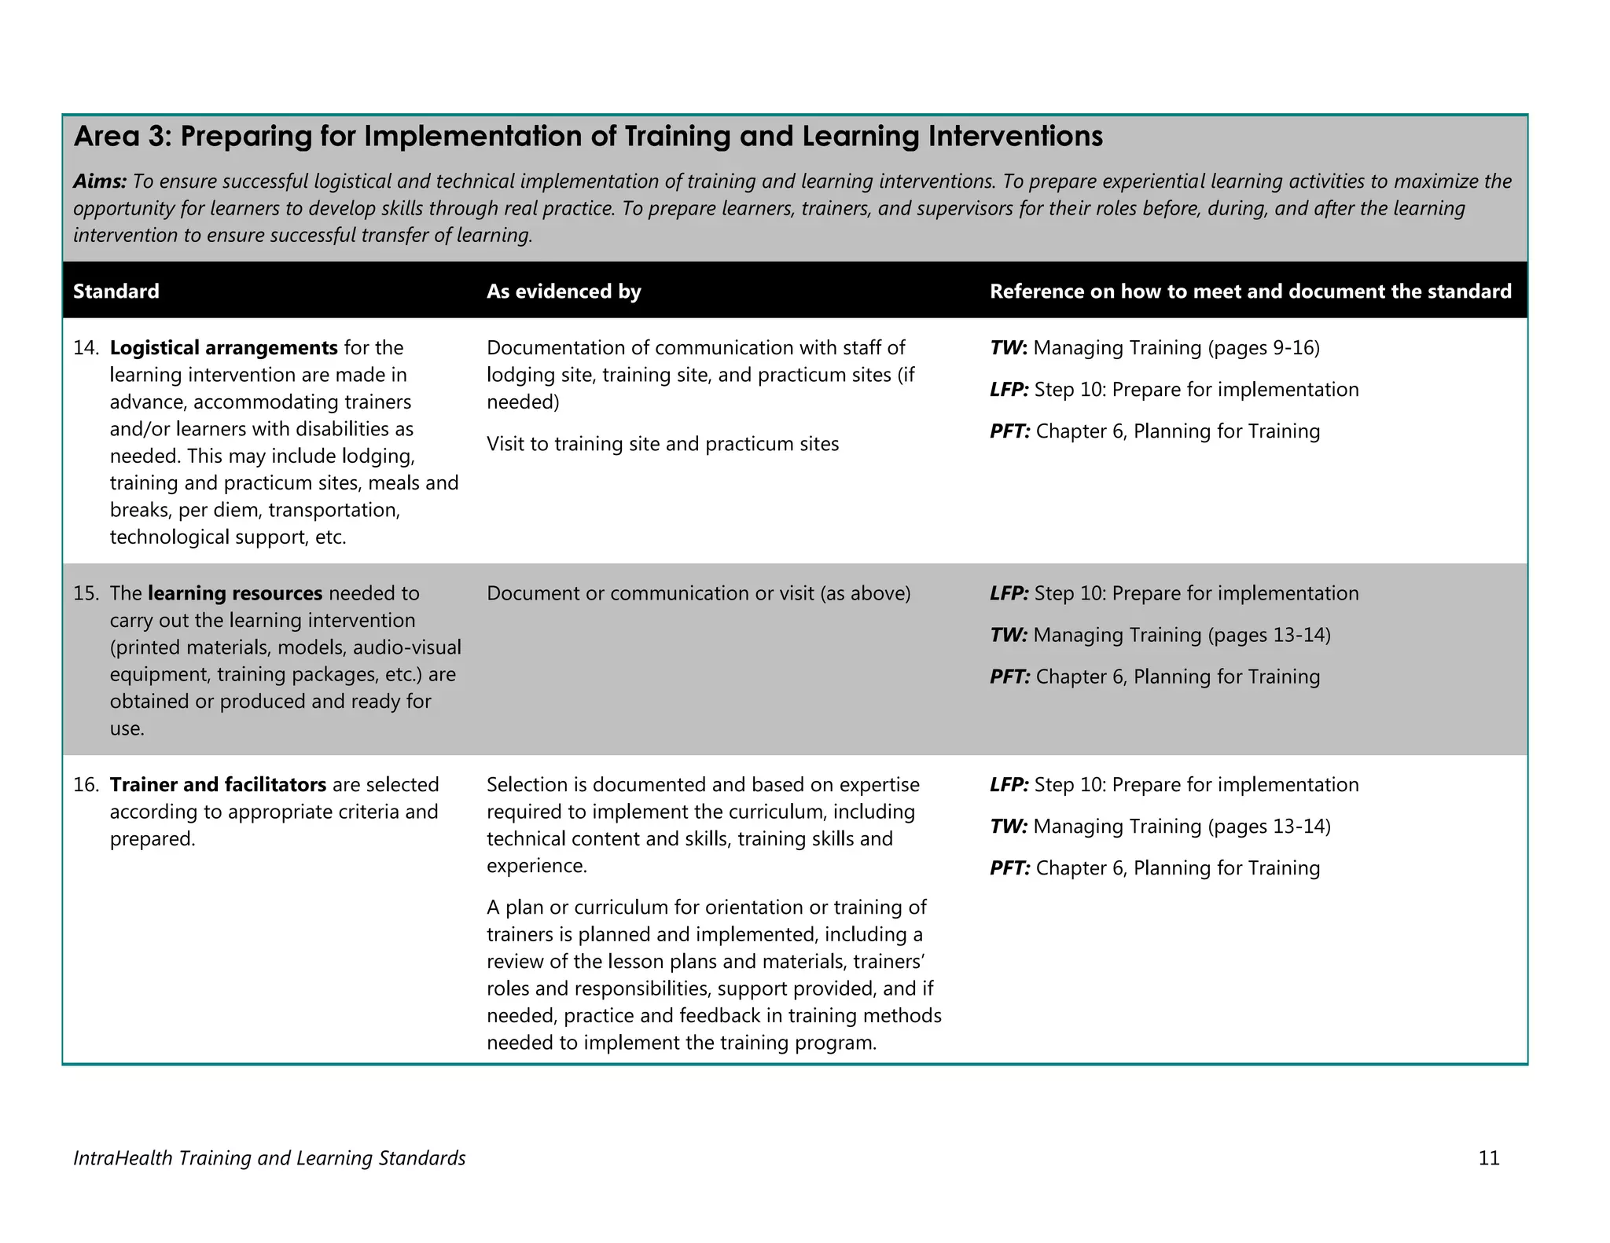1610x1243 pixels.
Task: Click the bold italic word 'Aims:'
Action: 100,181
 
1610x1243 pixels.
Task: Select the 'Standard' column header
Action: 116,291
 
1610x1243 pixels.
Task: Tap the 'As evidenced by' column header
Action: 564,291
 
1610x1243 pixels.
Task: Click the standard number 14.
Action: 85,348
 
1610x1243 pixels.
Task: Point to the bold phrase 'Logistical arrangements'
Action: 224,348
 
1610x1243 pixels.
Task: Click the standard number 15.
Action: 85,593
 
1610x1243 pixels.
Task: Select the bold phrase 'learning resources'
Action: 235,593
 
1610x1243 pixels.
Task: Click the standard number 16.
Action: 85,785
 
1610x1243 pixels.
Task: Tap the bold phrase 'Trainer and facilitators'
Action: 218,785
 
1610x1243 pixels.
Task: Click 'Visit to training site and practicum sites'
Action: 663,445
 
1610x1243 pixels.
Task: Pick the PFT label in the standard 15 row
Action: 1009,677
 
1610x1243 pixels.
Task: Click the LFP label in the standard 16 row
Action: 1009,785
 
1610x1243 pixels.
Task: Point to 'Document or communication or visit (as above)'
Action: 698,593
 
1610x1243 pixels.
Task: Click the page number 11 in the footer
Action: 1489,1158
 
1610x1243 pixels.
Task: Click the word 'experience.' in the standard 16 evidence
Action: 536,866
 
